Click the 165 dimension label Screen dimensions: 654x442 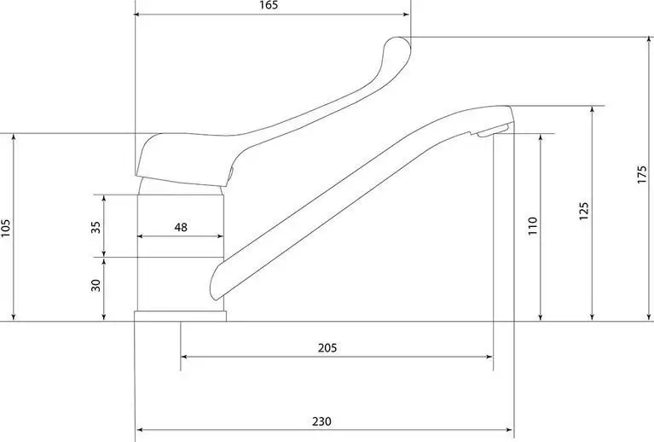point(269,5)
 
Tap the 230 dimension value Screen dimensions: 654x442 point(321,422)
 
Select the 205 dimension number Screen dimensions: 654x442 point(327,347)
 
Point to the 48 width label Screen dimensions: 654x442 point(181,228)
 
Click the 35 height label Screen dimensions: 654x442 point(96,227)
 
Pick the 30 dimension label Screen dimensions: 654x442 point(96,286)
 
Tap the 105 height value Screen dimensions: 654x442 point(5,228)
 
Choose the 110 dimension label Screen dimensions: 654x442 point(533,226)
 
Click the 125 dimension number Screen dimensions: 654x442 point(584,212)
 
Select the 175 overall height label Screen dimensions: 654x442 point(642,174)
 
